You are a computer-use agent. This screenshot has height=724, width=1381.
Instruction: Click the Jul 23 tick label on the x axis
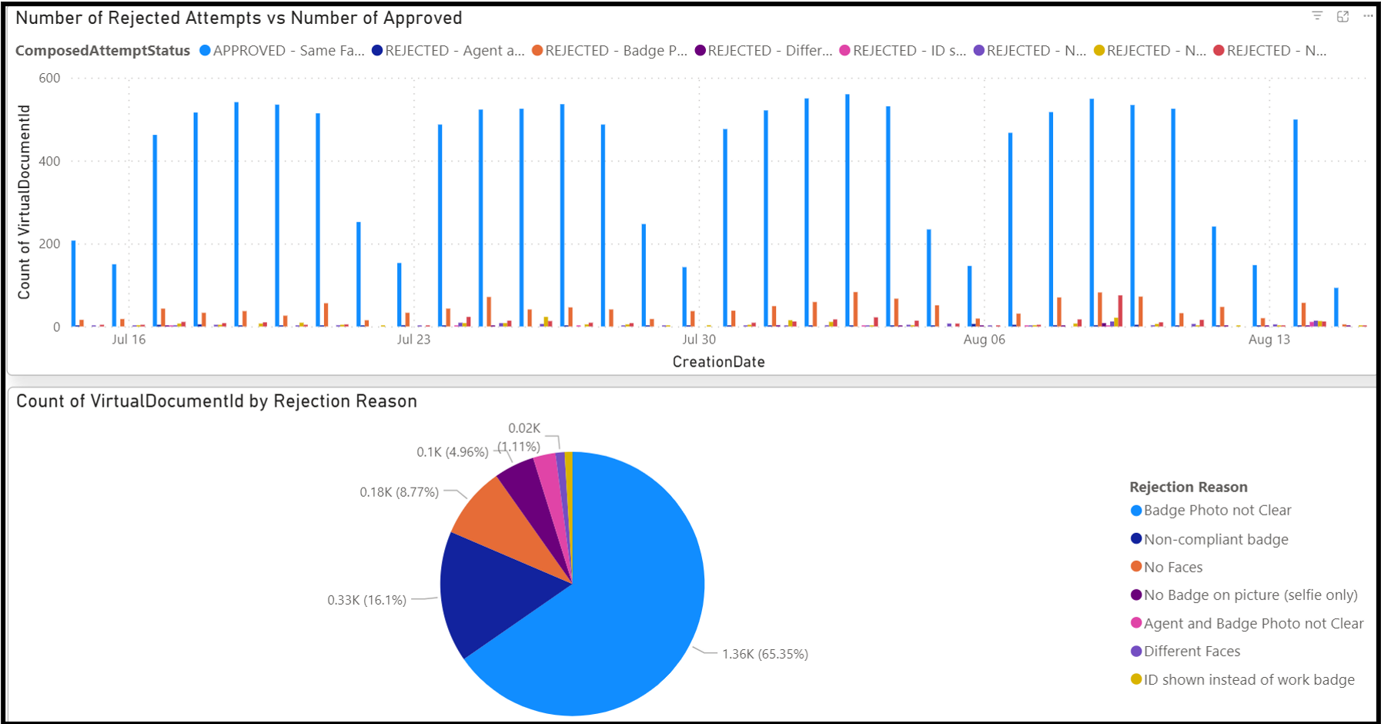(x=413, y=340)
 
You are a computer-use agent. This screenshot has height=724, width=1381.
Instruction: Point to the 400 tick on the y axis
(x=50, y=162)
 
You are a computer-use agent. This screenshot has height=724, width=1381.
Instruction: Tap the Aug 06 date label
(x=984, y=340)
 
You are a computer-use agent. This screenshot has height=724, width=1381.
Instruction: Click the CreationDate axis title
(x=718, y=362)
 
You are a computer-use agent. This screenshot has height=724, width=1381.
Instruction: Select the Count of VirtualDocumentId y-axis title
(x=25, y=202)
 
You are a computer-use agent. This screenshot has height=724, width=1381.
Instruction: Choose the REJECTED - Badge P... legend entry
(x=610, y=51)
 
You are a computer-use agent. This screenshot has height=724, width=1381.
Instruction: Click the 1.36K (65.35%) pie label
(x=764, y=655)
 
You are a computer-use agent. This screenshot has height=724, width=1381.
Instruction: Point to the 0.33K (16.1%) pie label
(x=366, y=600)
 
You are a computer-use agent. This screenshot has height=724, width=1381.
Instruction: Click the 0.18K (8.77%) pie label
(x=399, y=492)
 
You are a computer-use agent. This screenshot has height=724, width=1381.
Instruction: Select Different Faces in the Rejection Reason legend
(x=1191, y=652)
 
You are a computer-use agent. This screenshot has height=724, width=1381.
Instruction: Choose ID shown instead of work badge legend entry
(x=1248, y=680)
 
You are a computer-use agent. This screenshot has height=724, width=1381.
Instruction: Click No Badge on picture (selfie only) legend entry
(x=1249, y=595)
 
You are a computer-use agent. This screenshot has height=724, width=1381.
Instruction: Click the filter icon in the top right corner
(x=1317, y=16)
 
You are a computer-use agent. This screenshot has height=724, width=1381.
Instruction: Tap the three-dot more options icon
(x=1368, y=16)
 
